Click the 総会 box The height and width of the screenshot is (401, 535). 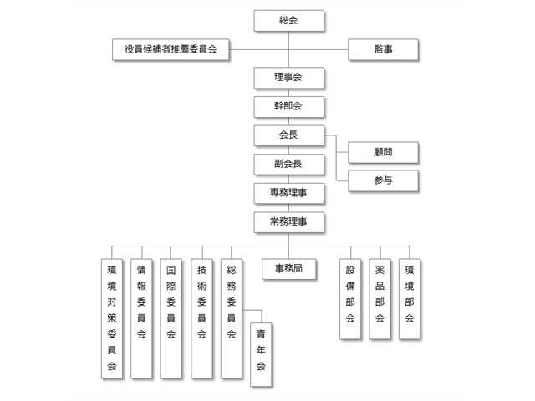[288, 21]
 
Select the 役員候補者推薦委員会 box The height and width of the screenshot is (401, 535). [171, 49]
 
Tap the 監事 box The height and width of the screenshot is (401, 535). [383, 49]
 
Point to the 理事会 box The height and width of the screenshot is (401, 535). [288, 78]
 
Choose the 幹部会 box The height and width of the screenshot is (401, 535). [288, 107]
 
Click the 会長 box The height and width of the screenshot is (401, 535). [288, 135]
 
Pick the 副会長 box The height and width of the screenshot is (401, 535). [288, 165]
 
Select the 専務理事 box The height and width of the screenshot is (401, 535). [288, 193]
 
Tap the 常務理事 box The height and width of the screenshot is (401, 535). [288, 222]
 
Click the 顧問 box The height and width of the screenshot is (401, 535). [383, 152]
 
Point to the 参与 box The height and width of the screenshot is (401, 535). [383, 180]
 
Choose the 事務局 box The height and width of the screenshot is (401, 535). [288, 269]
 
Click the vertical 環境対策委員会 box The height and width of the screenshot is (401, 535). [112, 318]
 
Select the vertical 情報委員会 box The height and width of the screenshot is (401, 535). [141, 318]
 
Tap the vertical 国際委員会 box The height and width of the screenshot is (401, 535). [171, 318]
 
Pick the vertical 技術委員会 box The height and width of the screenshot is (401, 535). [201, 318]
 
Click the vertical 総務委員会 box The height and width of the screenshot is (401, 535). [232, 318]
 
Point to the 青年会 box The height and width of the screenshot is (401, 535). [261, 354]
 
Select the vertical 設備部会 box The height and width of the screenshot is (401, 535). [350, 299]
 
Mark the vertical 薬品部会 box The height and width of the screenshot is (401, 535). [380, 299]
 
